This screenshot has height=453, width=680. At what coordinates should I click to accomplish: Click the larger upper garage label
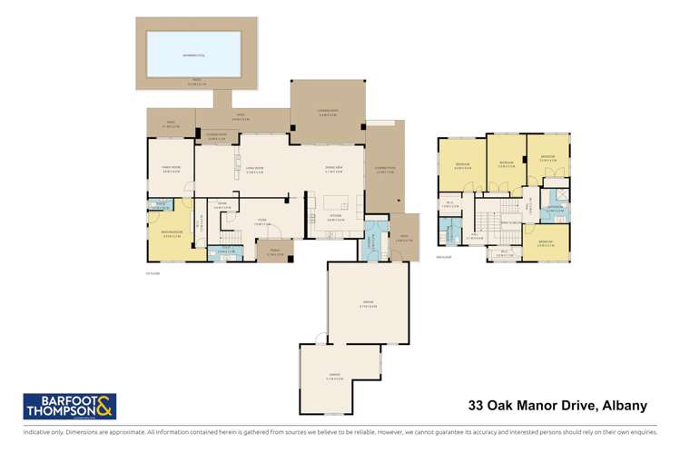point(367,305)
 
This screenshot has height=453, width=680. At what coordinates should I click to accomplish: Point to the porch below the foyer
point(275,253)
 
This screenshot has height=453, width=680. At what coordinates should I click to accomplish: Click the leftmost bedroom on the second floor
point(462,166)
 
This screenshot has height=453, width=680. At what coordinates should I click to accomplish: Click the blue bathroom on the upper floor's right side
point(554,210)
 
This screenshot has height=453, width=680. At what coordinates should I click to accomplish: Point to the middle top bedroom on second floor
point(507,164)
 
